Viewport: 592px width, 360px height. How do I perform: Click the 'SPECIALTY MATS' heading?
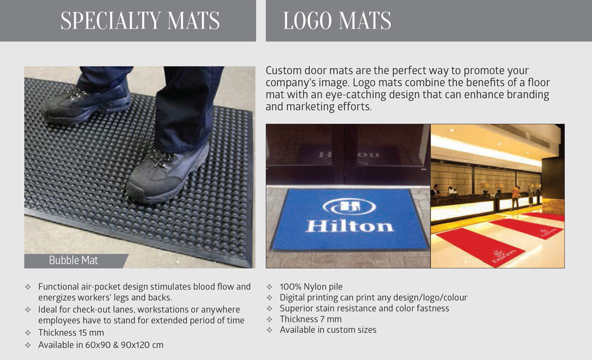[140, 21]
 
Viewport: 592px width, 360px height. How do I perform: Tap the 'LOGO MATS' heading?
[337, 21]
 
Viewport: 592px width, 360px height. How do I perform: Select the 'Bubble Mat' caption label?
[73, 261]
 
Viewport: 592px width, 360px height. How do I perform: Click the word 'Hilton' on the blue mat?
[350, 226]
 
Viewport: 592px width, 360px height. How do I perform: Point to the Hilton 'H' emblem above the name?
[349, 206]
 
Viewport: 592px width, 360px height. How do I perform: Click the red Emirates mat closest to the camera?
[480, 247]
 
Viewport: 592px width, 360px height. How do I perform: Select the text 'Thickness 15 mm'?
[71, 333]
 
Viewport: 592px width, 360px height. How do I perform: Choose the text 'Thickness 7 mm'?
[310, 319]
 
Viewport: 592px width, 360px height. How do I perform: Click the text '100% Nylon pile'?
[311, 287]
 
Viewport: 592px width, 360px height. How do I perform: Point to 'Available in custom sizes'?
[328, 330]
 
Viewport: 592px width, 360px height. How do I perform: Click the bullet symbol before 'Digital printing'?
[269, 298]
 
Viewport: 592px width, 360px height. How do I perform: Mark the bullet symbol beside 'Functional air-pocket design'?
[28, 287]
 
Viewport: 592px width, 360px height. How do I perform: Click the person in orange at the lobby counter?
[515, 197]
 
